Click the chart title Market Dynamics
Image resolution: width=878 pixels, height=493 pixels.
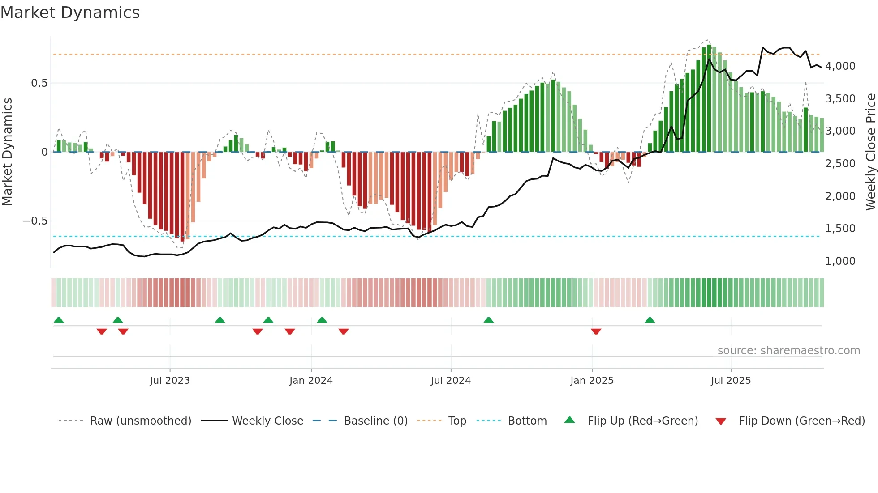click(x=70, y=13)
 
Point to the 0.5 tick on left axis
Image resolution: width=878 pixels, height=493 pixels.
click(x=39, y=83)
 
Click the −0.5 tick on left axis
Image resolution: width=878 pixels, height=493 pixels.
click(x=35, y=221)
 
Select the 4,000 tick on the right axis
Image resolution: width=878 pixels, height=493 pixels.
click(x=840, y=66)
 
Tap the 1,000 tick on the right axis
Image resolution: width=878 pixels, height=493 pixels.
click(x=840, y=261)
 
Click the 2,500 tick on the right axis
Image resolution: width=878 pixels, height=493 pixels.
click(x=840, y=164)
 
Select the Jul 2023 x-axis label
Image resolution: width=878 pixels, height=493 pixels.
click(x=170, y=381)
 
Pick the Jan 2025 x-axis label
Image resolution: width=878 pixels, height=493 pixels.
click(x=592, y=381)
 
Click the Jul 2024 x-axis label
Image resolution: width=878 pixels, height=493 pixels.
click(x=451, y=381)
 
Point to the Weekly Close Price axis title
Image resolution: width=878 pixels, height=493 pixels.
click(x=870, y=152)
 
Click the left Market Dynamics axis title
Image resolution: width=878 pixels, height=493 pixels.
click(x=7, y=152)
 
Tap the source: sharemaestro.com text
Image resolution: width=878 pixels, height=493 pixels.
click(x=788, y=351)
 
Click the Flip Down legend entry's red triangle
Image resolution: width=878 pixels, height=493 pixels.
click(x=721, y=421)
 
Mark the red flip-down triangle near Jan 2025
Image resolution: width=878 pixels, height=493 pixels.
click(x=596, y=331)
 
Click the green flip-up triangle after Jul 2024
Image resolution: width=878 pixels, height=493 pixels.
click(x=489, y=320)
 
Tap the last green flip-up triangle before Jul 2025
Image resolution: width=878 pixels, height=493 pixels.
click(x=650, y=320)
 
